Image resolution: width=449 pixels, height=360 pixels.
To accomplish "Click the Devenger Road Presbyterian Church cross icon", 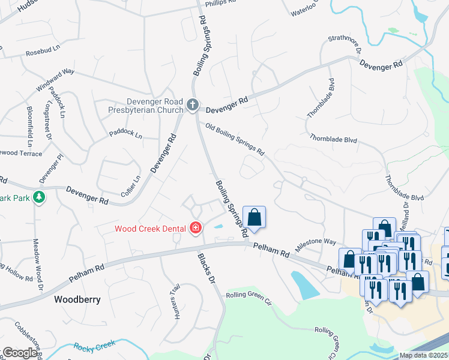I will pos(192,106).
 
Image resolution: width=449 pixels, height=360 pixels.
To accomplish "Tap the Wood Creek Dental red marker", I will pos(195,228).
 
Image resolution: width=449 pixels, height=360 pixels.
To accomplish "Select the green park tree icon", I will pos(38,197).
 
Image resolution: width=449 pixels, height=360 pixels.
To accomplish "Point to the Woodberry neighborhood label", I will pos(77,298).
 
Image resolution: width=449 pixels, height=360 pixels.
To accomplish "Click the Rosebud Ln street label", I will pos(43,53).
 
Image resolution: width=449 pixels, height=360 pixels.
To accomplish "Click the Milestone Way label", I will pos(315,244).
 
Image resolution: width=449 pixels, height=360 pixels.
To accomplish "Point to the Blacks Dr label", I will pos(206,267).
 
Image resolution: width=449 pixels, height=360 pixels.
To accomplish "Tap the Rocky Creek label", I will pos(94,346).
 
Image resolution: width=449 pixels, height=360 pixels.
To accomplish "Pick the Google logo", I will pos(20,353).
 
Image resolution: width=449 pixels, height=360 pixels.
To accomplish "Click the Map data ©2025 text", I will pos(423,355).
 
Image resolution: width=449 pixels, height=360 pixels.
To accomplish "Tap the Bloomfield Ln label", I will pos(29,127).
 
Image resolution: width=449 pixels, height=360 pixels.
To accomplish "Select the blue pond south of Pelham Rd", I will pos(304,285).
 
